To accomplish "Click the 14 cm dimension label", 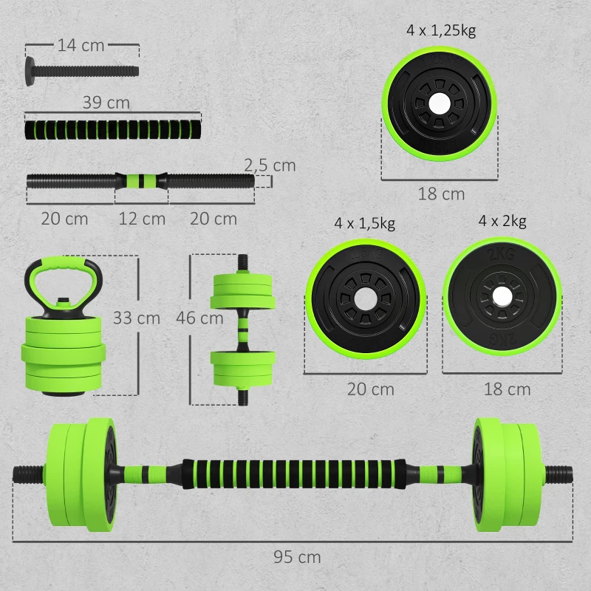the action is point(81,45).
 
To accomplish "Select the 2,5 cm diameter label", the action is point(270,165).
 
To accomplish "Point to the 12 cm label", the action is point(142,219).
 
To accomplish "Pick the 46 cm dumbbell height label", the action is point(199,318).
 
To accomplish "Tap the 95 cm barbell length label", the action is point(297,557).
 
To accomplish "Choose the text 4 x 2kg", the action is point(502,220).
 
